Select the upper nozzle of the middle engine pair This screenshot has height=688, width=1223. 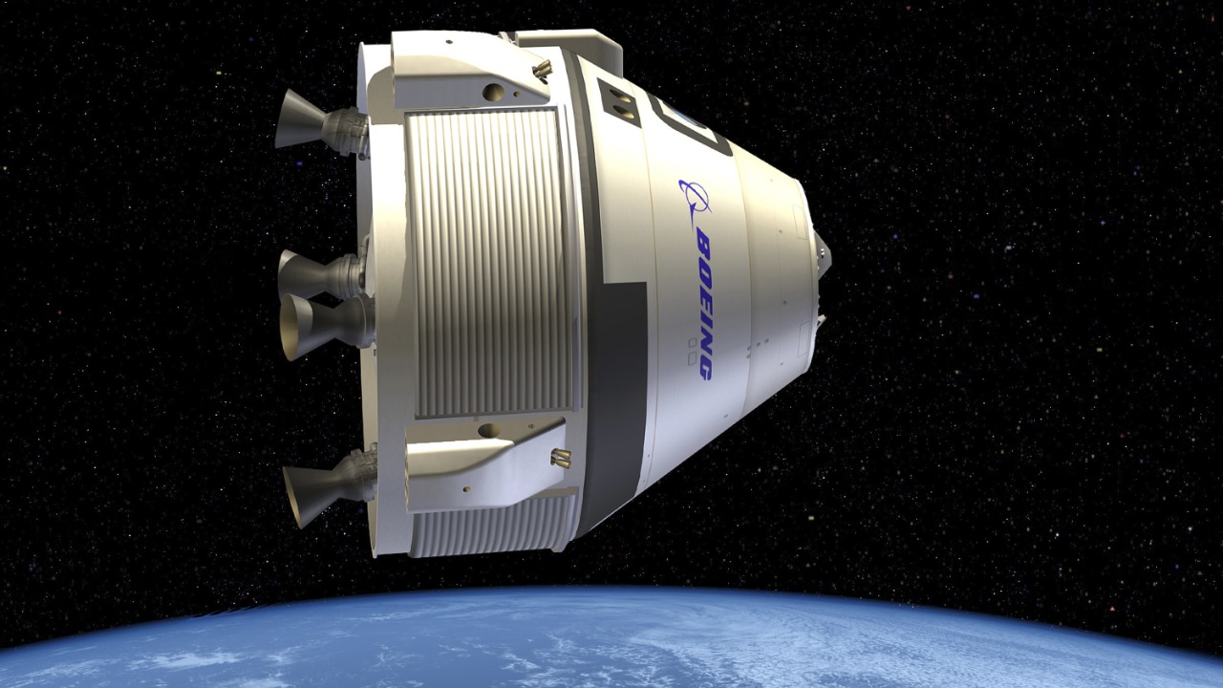pos(301,274)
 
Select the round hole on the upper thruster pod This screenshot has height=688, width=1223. pos(493,92)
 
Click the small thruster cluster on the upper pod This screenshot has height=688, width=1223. pos(543,69)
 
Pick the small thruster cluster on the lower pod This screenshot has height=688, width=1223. pos(560,458)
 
